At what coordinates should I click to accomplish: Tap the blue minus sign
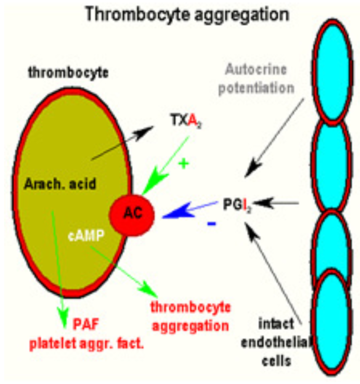pyautogui.click(x=211, y=223)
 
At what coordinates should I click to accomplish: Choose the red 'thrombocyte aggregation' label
pyautogui.click(x=190, y=316)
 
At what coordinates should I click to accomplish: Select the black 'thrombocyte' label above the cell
pyautogui.click(x=68, y=73)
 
